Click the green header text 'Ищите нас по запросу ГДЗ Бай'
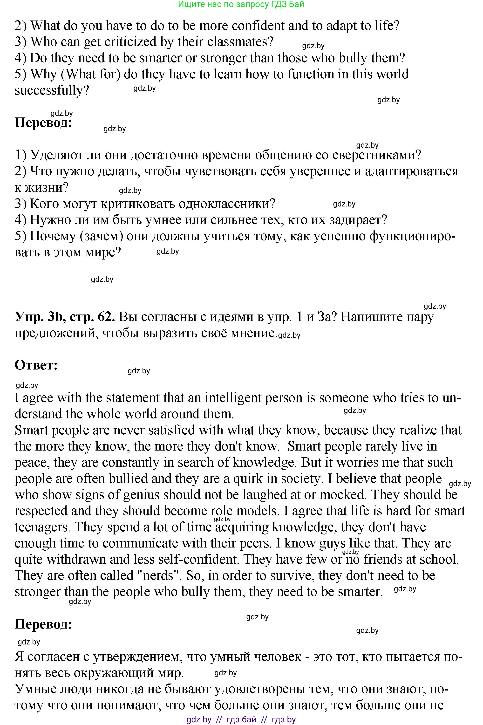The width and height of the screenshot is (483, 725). pos(241,4)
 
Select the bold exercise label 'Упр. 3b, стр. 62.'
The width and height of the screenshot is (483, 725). pos(65,317)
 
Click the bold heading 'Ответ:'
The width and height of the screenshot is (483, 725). pos(36,365)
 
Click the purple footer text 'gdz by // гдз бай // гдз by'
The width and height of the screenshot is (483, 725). pos(241,719)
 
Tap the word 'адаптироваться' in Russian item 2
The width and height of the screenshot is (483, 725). pos(412,171)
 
